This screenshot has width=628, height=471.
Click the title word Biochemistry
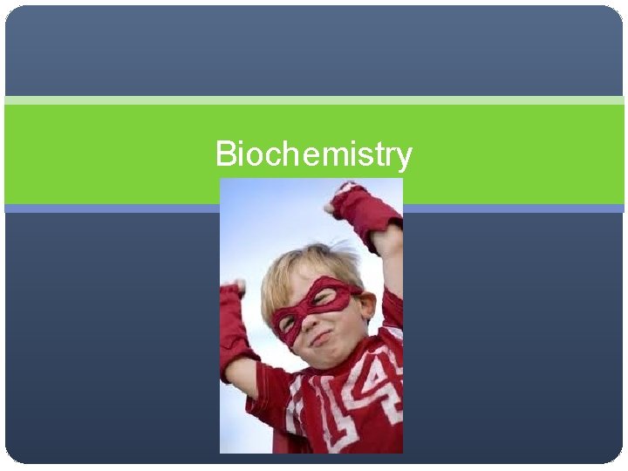313,155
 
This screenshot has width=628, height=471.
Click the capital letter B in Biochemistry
224,154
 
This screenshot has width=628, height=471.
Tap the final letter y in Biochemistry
404,159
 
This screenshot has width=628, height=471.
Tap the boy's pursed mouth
322,338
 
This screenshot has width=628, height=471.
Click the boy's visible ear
367,304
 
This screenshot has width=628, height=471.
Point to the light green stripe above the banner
314,100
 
